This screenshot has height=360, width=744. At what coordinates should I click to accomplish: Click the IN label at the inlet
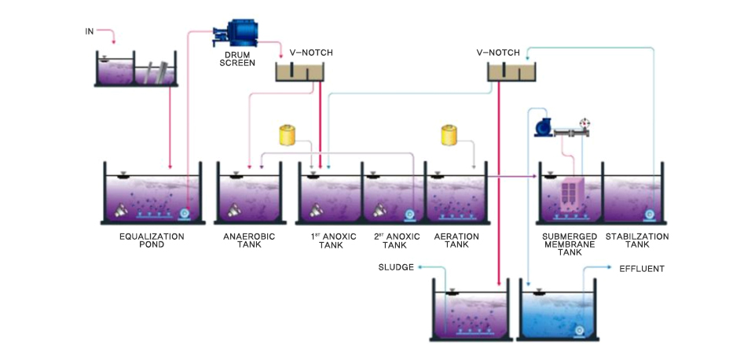[90, 31]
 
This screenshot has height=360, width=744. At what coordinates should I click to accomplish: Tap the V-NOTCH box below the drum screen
[300, 72]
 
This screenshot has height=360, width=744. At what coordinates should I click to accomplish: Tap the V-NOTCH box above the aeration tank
[511, 72]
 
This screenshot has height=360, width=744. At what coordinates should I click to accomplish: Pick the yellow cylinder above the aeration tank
[450, 134]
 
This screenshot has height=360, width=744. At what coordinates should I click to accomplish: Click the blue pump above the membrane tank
[543, 127]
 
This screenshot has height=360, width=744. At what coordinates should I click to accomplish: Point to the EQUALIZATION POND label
[152, 240]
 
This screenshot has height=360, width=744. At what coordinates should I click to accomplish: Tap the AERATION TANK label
[456, 240]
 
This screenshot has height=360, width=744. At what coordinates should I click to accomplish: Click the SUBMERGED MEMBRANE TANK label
[570, 244]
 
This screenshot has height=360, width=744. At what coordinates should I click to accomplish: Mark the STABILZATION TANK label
[637, 240]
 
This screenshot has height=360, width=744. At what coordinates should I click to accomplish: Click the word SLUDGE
[395, 267]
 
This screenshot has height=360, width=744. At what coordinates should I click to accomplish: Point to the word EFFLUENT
[642, 269]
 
